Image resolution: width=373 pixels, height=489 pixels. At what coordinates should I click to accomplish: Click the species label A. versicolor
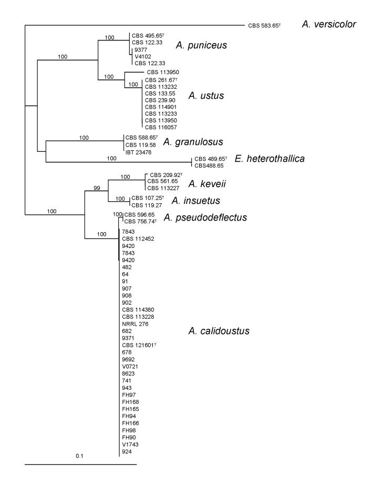(329, 24)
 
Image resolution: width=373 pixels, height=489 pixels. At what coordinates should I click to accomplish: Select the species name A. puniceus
(202, 45)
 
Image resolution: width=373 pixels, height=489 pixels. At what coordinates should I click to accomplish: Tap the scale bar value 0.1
(79, 455)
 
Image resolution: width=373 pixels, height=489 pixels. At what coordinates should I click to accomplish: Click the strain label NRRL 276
(135, 324)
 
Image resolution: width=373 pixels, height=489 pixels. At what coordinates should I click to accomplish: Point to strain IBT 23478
(138, 152)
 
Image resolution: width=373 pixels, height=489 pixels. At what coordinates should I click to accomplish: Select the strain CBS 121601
(139, 345)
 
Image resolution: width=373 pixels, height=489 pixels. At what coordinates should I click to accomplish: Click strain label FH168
(131, 402)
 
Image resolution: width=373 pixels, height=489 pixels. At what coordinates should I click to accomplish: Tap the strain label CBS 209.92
(165, 174)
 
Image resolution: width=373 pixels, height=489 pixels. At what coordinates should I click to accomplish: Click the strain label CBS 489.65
(210, 158)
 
